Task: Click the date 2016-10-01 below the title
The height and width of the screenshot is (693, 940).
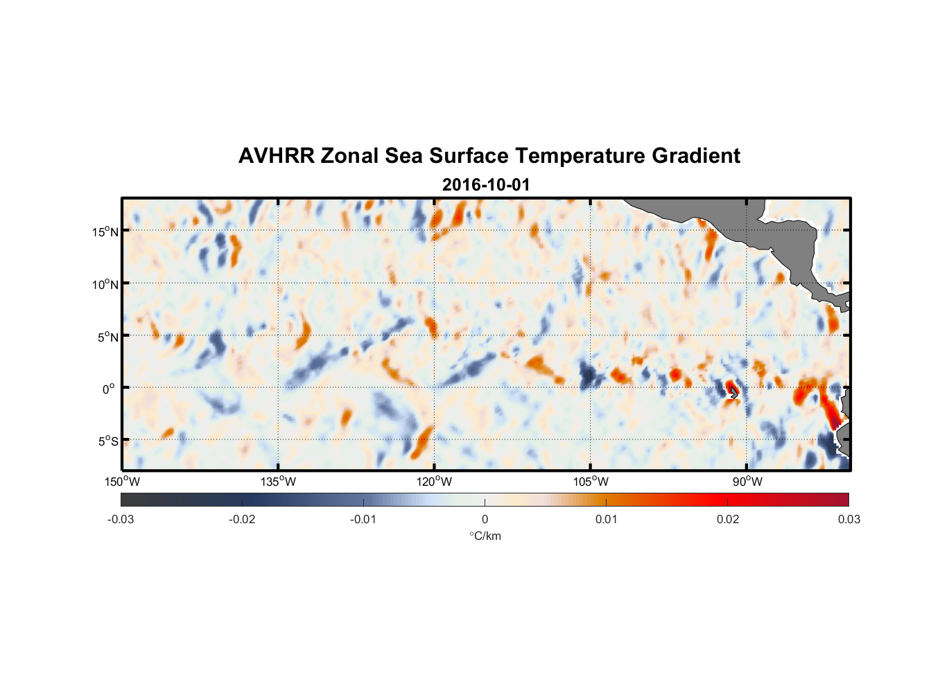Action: tap(485, 185)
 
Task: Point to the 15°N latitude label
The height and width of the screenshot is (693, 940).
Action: tap(105, 231)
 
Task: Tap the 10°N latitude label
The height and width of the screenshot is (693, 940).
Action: tap(105, 284)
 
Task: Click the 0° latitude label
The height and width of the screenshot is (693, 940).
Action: tap(108, 389)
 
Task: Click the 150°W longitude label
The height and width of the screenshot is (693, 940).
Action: tap(123, 482)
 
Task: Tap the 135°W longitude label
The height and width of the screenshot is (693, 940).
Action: tap(279, 482)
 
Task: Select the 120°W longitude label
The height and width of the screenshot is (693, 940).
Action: tap(435, 482)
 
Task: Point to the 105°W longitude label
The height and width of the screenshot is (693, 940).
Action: tap(591, 482)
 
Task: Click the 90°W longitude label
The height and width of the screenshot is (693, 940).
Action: tap(747, 482)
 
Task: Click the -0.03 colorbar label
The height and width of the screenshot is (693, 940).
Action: tap(121, 519)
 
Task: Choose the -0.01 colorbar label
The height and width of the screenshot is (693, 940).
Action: tap(363, 519)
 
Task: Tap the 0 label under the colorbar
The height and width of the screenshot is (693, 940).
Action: tap(485, 519)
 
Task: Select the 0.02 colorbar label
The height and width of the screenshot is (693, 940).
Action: tap(728, 519)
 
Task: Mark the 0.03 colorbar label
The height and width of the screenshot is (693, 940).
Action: tap(848, 519)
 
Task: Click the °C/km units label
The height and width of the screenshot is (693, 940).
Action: tap(485, 536)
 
